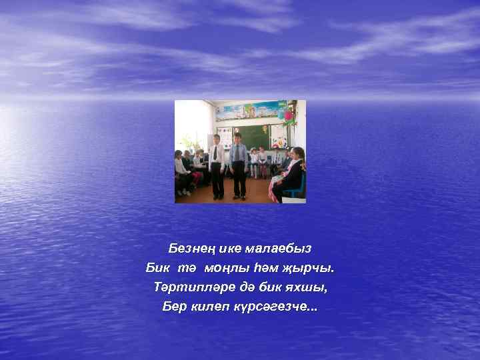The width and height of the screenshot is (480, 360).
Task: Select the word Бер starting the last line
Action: tap(175, 308)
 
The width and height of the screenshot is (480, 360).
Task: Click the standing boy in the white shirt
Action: tap(217, 167)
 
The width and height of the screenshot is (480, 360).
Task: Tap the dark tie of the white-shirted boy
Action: tap(215, 153)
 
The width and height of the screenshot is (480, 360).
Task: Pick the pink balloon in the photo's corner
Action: tap(289, 116)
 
